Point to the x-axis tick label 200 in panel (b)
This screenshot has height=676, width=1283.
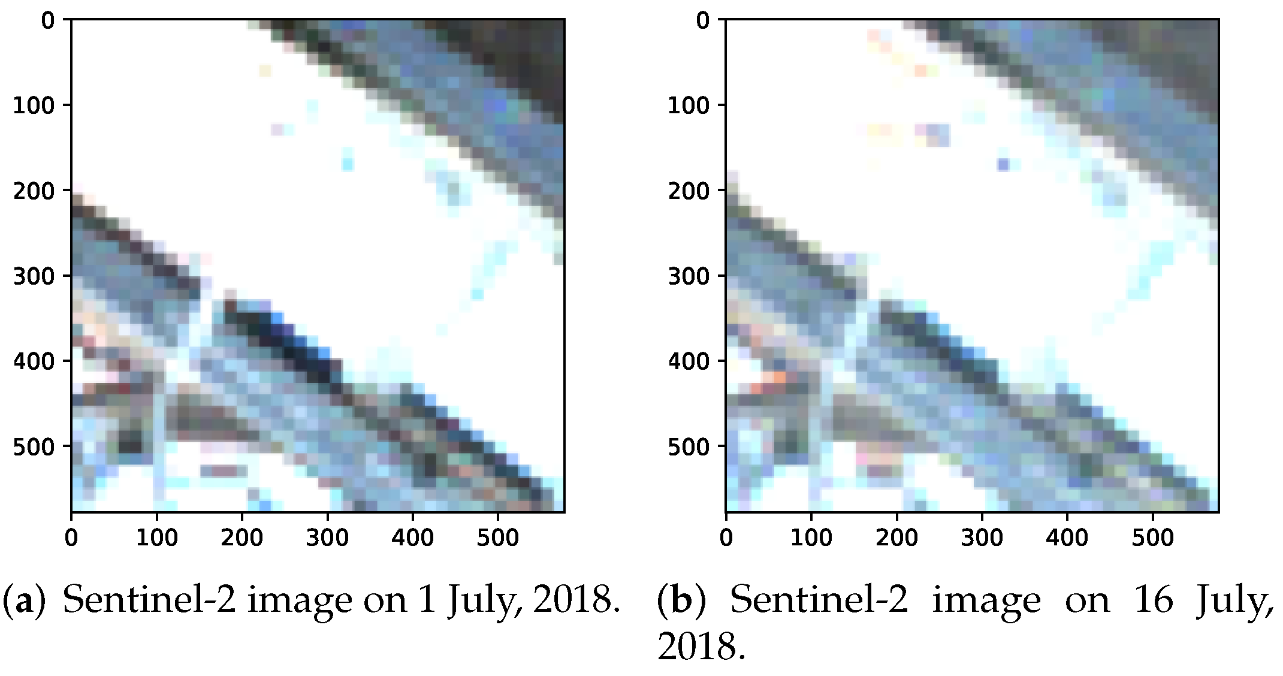coord(896,538)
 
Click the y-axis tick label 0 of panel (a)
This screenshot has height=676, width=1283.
coord(48,21)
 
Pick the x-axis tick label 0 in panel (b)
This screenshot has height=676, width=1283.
coord(726,538)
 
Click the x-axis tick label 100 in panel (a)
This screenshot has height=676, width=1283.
coord(156,538)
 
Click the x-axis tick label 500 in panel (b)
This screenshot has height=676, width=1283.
coord(1152,538)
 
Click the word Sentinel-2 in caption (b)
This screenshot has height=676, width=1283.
coord(819,600)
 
